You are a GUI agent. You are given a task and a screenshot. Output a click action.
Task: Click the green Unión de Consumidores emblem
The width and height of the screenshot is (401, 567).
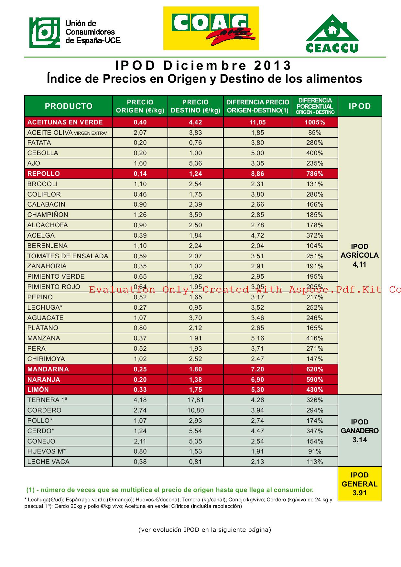coord(45,33)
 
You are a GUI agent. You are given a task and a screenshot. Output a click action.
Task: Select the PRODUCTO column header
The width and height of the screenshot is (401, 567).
coord(69,106)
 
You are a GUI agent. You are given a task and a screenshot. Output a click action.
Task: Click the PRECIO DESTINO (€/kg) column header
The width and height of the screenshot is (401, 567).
coord(195,106)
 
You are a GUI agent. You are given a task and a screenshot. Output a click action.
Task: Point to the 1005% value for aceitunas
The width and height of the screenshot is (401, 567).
coord(315,122)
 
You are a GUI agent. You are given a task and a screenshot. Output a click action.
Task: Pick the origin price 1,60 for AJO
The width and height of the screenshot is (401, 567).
coord(140,163)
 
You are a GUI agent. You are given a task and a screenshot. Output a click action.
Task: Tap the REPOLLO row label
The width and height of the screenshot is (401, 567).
coord(44,174)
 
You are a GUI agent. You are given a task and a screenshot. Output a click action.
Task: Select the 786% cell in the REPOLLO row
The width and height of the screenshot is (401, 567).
coord(315,174)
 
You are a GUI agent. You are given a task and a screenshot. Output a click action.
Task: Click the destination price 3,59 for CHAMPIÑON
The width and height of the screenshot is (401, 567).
coord(195,215)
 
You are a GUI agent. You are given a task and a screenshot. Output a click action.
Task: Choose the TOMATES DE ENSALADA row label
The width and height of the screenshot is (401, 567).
coord(68,256)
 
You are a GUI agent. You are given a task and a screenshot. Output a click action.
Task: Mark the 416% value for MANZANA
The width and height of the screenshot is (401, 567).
coord(315,338)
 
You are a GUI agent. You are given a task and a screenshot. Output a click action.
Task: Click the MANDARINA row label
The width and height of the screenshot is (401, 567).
coord(48,369)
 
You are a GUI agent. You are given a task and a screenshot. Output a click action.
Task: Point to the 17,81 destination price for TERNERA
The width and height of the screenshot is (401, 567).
coord(195,400)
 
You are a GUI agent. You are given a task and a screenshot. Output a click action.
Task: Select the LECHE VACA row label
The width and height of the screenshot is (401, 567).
coord(49,462)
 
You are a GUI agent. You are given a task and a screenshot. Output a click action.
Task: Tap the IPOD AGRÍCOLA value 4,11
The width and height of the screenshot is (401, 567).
coord(360,264)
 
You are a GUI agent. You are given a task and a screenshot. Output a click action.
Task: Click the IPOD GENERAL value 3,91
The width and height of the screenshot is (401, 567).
coord(360,493)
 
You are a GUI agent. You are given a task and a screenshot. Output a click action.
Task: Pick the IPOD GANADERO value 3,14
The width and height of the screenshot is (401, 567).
coord(360,440)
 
